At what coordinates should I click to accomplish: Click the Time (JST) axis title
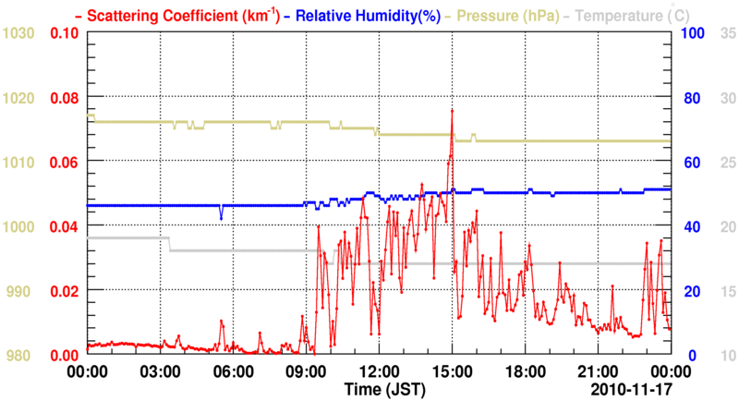(x=379, y=388)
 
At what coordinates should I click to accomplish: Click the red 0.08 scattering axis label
(x=65, y=98)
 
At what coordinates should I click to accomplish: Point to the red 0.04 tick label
(x=65, y=226)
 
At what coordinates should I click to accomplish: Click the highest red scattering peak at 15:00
(x=452, y=110)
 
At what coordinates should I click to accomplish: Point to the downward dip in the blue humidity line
(x=221, y=216)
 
